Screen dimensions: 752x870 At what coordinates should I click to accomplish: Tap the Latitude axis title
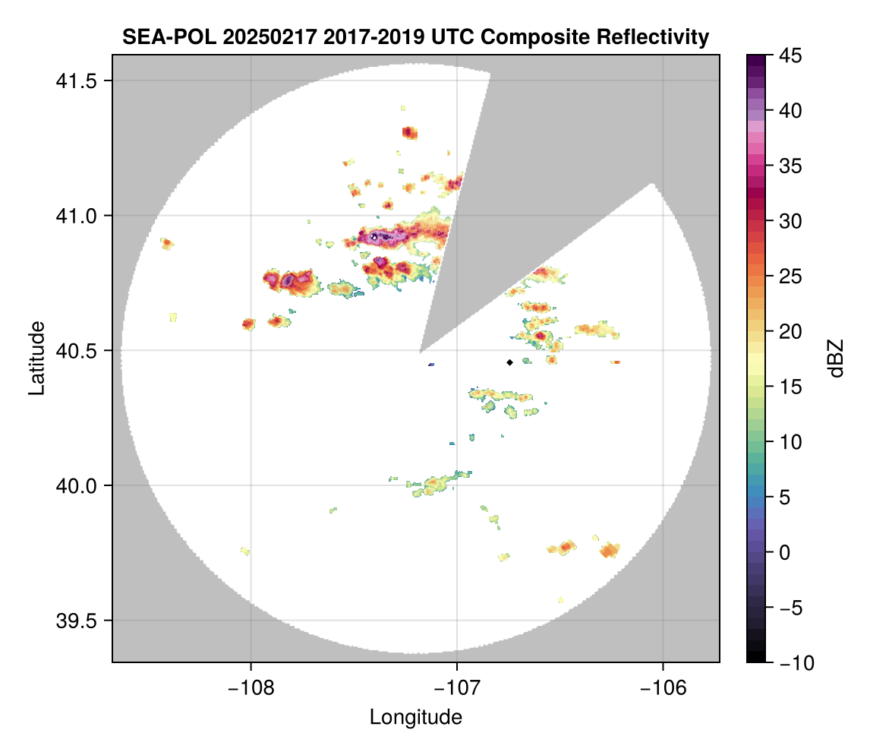pyautogui.click(x=36, y=358)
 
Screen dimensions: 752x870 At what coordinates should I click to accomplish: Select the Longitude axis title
pyautogui.click(x=416, y=716)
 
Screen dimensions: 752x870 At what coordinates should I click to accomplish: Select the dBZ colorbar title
pyautogui.click(x=836, y=359)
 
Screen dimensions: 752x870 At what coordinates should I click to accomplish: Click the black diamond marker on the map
pyautogui.click(x=509, y=362)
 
